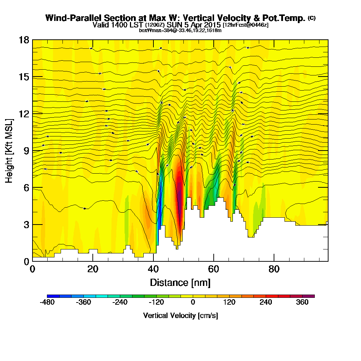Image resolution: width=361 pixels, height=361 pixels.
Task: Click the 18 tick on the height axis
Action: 24,40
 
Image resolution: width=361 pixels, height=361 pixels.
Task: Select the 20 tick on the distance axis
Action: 93,269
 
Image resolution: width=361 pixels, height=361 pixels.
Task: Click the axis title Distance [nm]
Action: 180,282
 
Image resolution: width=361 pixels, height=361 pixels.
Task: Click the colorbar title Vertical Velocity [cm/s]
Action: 180,316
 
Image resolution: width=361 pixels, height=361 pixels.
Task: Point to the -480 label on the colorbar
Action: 47,303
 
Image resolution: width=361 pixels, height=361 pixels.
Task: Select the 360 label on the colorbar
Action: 302,303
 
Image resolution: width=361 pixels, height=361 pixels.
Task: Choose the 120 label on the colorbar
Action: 229,303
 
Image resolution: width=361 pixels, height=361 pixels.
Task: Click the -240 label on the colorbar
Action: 120,303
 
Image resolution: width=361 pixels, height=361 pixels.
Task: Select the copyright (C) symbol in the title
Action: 312,18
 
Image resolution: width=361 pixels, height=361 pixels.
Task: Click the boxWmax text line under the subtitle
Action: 180,30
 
